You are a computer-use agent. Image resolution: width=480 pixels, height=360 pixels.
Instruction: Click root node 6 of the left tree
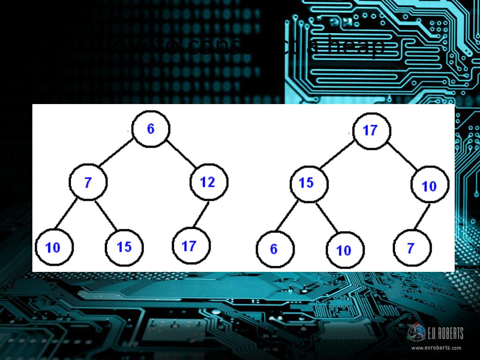tap(150, 129)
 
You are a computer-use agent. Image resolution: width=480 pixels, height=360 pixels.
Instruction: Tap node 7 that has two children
tap(88, 182)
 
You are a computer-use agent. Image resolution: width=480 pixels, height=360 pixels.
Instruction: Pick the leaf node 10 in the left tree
tap(54, 247)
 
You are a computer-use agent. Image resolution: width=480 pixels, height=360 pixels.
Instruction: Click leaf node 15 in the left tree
tap(124, 247)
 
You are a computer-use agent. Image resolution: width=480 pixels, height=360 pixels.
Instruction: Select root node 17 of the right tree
tap(371, 130)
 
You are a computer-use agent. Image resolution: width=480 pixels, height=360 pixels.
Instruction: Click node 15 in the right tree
tap(308, 183)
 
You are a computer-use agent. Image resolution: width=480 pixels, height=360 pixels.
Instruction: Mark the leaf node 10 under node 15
tap(345, 249)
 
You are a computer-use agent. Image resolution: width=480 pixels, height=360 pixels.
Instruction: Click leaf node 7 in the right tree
tap(412, 247)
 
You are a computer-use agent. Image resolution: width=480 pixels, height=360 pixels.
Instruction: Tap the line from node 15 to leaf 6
tap(291, 216)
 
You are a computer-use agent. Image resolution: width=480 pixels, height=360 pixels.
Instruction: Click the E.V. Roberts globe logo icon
tap(416, 333)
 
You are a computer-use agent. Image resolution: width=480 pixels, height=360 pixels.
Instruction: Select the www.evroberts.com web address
tap(436, 348)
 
